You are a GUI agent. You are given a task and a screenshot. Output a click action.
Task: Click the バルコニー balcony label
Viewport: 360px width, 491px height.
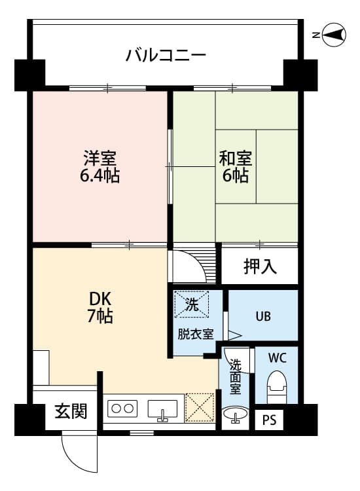166,54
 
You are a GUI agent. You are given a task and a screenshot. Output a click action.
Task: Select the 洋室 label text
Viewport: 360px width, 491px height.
99,159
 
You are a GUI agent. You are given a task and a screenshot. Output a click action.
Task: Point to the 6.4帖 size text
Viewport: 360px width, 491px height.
99,176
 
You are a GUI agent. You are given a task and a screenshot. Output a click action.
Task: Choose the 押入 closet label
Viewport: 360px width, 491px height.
261,266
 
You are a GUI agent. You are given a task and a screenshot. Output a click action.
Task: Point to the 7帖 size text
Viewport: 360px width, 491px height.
100,317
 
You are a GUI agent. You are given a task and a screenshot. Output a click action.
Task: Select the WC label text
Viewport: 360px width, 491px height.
277,359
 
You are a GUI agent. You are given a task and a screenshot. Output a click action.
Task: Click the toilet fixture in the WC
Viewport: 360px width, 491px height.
277,387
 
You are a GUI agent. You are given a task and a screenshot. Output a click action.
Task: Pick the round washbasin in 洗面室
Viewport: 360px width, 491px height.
235,414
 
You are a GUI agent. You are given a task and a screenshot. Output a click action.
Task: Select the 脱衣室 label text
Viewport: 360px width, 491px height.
195,334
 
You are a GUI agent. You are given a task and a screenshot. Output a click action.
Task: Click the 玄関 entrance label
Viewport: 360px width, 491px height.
70,412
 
